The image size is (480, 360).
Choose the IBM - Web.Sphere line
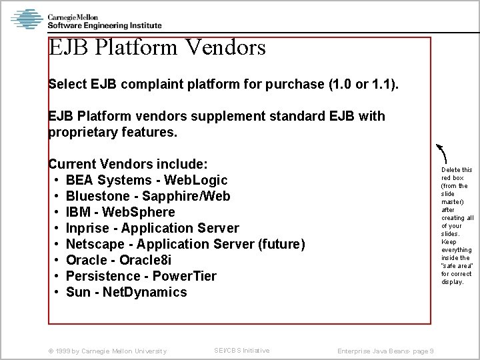point(120,212)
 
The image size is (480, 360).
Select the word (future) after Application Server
point(281,244)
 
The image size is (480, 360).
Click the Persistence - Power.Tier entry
point(141,276)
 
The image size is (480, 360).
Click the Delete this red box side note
point(457,225)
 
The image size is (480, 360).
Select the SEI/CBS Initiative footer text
point(242,350)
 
